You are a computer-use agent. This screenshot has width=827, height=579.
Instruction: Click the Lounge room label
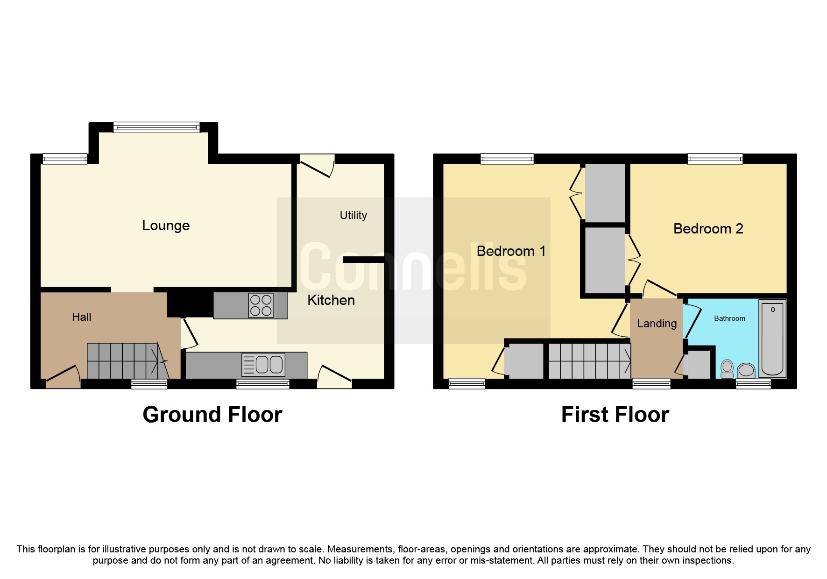166,226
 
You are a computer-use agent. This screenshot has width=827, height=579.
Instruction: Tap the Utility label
353,215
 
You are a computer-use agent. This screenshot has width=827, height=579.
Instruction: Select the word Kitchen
331,300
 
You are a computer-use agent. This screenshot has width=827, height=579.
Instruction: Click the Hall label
81,317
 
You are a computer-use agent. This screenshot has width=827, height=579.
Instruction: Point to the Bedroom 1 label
511,251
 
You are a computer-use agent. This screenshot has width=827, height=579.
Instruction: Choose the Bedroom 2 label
708,229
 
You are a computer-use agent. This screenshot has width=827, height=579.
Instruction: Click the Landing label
657,324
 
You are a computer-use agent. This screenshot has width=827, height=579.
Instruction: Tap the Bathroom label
729,318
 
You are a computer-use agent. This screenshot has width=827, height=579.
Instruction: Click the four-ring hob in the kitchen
261,305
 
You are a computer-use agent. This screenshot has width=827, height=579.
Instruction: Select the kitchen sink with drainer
263,365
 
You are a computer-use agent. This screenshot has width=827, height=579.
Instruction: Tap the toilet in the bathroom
727,368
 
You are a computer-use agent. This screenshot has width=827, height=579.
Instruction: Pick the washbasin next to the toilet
746,370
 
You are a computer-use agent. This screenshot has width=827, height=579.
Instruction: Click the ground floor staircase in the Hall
126,361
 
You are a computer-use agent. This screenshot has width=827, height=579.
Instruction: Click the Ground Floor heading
212,415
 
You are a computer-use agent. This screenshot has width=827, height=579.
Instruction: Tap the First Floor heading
615,415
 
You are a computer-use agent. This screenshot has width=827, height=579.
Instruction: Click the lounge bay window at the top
156,127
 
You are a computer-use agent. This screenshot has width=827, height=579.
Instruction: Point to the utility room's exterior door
317,166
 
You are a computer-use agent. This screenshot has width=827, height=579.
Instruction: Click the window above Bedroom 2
714,159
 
